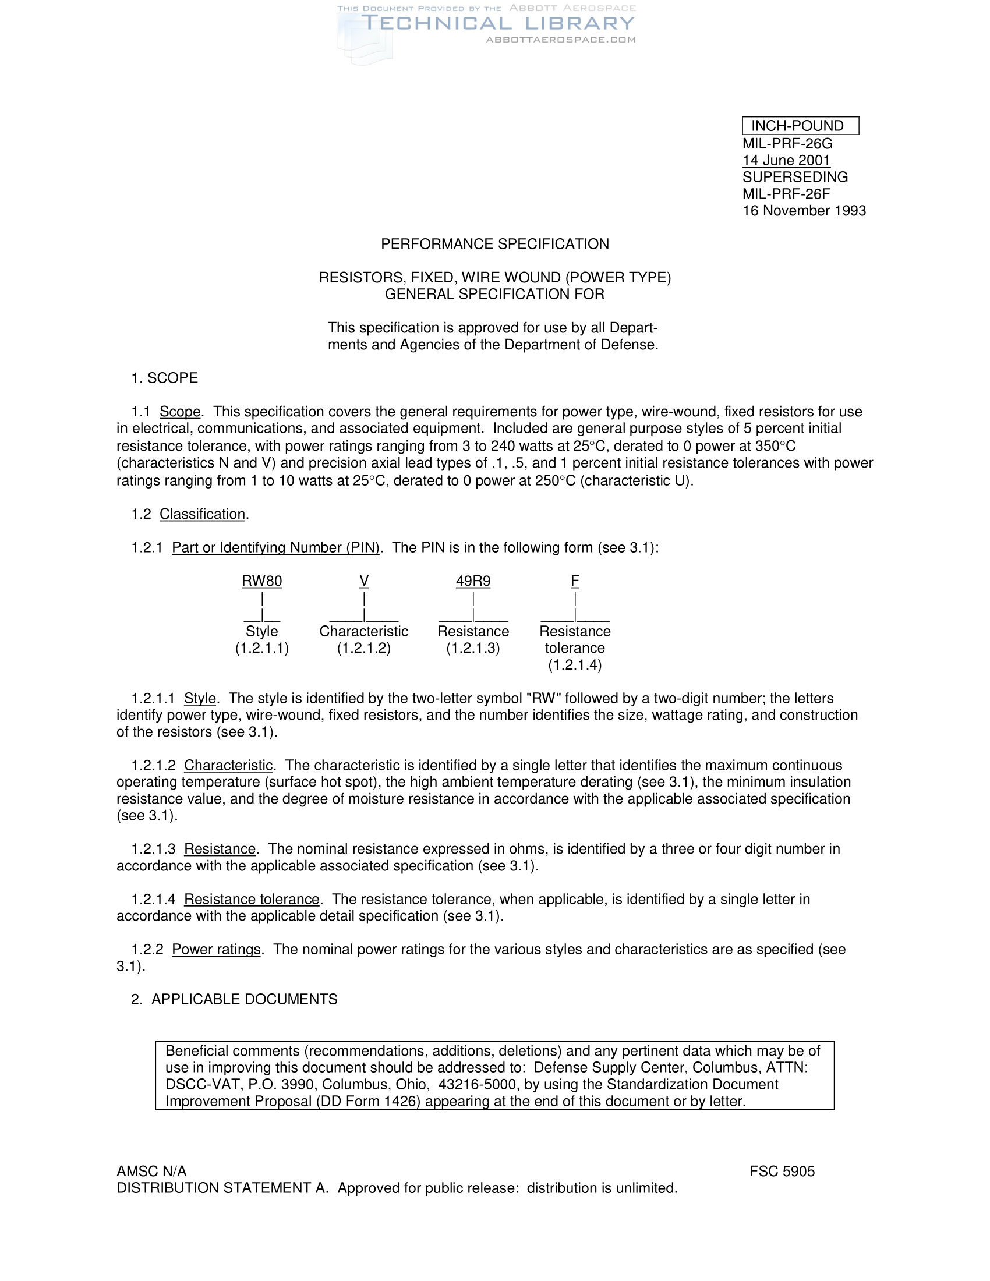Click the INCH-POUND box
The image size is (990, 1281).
click(800, 126)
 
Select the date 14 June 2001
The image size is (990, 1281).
click(786, 160)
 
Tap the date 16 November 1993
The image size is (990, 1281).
click(804, 211)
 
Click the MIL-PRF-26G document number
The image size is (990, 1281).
click(787, 144)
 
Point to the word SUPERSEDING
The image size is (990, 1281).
click(795, 177)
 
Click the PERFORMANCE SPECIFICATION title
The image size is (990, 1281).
click(494, 244)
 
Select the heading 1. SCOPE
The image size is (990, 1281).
click(164, 378)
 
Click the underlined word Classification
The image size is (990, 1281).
click(202, 514)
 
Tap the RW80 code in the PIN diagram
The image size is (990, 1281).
click(261, 581)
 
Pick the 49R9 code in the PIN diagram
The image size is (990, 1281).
click(473, 581)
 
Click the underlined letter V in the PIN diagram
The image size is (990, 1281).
click(363, 581)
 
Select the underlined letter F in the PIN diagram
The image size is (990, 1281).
click(575, 581)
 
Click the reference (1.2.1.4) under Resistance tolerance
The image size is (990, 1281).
click(575, 665)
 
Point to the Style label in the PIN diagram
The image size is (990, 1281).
click(261, 631)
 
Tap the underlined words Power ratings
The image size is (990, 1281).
click(216, 949)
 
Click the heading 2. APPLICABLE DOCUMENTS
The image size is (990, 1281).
click(234, 999)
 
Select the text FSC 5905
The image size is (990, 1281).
click(782, 1172)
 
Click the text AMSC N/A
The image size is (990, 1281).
click(151, 1172)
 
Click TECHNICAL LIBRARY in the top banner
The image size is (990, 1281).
click(498, 23)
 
